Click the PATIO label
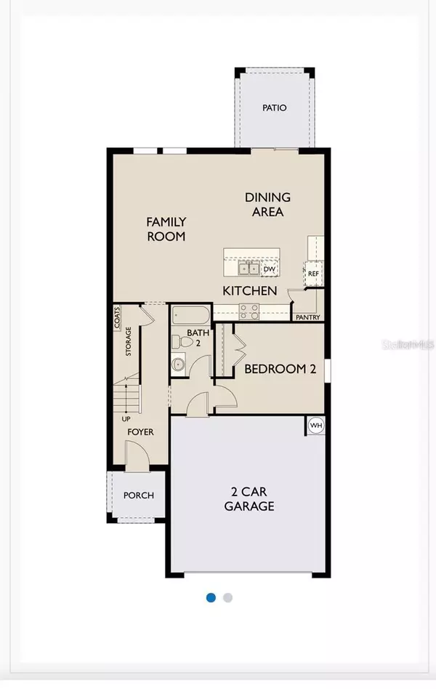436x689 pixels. point(274,108)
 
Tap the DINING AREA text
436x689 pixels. point(267,204)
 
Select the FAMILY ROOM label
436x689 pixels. point(166,228)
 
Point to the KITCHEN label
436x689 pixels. point(249,291)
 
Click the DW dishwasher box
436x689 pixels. point(269,269)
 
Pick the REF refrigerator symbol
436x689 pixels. point(313,274)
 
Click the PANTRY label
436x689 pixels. point(307,317)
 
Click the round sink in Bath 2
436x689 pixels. point(179,365)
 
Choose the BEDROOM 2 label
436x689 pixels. point(280,369)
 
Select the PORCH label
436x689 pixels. point(138,495)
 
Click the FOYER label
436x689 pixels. point(141,431)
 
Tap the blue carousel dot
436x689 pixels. point(211,597)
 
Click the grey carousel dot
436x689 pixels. point(228,597)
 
